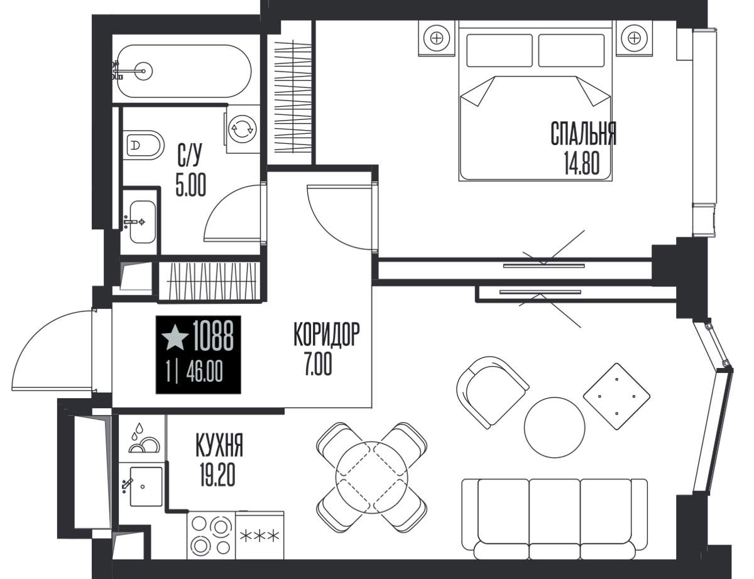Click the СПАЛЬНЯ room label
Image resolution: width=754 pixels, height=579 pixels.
pyautogui.click(x=584, y=134)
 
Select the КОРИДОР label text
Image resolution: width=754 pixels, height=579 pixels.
pyautogui.click(x=327, y=334)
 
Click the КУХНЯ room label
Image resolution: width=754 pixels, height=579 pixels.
pyautogui.click(x=219, y=445)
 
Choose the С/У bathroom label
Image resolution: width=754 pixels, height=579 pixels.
pyautogui.click(x=190, y=154)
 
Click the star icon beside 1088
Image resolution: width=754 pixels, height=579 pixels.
pyautogui.click(x=175, y=337)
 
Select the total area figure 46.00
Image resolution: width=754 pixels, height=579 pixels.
pyautogui.click(x=204, y=372)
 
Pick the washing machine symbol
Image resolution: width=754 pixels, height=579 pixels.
pyautogui.click(x=242, y=129)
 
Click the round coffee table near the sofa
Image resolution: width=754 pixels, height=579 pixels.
pyautogui.click(x=554, y=427)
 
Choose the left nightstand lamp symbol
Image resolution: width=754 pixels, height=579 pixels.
pyautogui.click(x=437, y=38)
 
